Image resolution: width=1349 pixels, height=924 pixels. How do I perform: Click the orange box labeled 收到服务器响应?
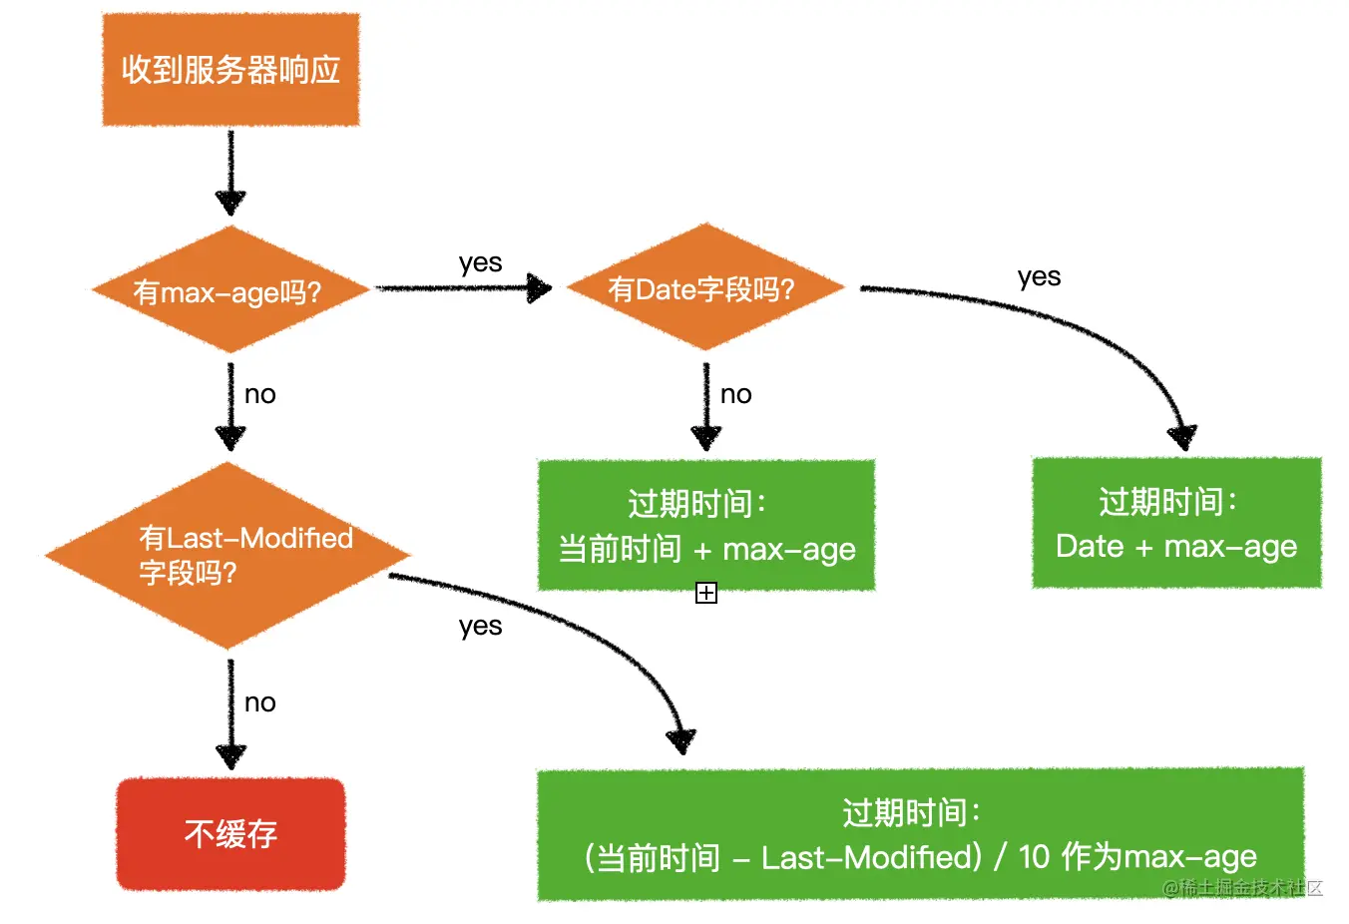pos(230,70)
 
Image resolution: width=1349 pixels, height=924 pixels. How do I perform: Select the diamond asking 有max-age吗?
pos(230,290)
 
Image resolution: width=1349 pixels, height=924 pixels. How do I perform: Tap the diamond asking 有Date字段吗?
pos(704,288)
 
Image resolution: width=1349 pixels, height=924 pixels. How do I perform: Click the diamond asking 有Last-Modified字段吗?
pos(229,555)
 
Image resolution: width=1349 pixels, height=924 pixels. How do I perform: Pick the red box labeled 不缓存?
pos(230,834)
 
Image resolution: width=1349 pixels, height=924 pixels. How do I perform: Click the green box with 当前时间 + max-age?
pos(706,526)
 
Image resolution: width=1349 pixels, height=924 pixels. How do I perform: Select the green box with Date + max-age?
pos(1176,523)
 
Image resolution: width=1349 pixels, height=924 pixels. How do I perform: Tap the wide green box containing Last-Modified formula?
pos(920,834)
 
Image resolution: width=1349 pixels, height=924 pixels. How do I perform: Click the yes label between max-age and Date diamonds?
pos(480,263)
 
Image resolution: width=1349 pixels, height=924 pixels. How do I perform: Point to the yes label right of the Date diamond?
pos(1039,277)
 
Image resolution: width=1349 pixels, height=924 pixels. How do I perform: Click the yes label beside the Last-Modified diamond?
pos(480,627)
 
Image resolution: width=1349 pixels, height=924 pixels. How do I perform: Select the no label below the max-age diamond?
pos(259,395)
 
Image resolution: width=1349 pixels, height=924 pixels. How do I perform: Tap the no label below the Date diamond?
pos(735,395)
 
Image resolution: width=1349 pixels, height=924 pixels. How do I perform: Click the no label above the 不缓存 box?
pos(259,703)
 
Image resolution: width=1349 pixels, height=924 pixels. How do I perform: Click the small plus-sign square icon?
pos(706,594)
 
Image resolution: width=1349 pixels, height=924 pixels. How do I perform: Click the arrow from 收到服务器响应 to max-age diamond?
pos(230,172)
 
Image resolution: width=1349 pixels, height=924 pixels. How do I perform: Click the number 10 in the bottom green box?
pos(1034,857)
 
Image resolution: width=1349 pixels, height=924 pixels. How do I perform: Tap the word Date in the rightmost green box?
pos(1090,547)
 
